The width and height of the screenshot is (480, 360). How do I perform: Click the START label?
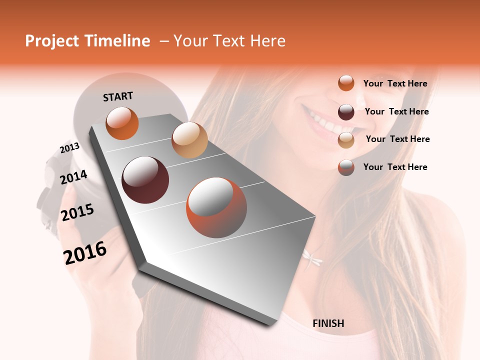coord(118,96)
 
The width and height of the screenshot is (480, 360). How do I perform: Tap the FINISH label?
coord(328,323)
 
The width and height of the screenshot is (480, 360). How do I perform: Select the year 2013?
coord(70,148)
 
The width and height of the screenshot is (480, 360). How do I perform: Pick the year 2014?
coord(73,177)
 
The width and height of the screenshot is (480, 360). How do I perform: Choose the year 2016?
coord(85,252)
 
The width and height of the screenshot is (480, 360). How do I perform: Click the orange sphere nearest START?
coord(122,123)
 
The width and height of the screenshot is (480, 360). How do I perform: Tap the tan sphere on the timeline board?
coord(189,140)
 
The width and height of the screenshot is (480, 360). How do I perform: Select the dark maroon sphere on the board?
coord(145,180)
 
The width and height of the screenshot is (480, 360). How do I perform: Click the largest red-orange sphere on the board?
coord(216,207)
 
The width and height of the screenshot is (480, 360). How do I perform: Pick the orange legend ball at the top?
coord(346,83)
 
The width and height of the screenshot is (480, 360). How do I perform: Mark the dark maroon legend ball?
coord(346,112)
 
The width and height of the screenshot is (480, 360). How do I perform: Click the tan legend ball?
coord(346,140)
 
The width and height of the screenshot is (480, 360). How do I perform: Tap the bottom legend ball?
coord(346,167)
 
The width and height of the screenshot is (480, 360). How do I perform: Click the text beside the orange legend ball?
coord(395,83)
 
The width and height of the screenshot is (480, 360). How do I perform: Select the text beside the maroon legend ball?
coord(396,111)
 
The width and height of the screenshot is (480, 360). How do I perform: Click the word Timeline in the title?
coord(118,41)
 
